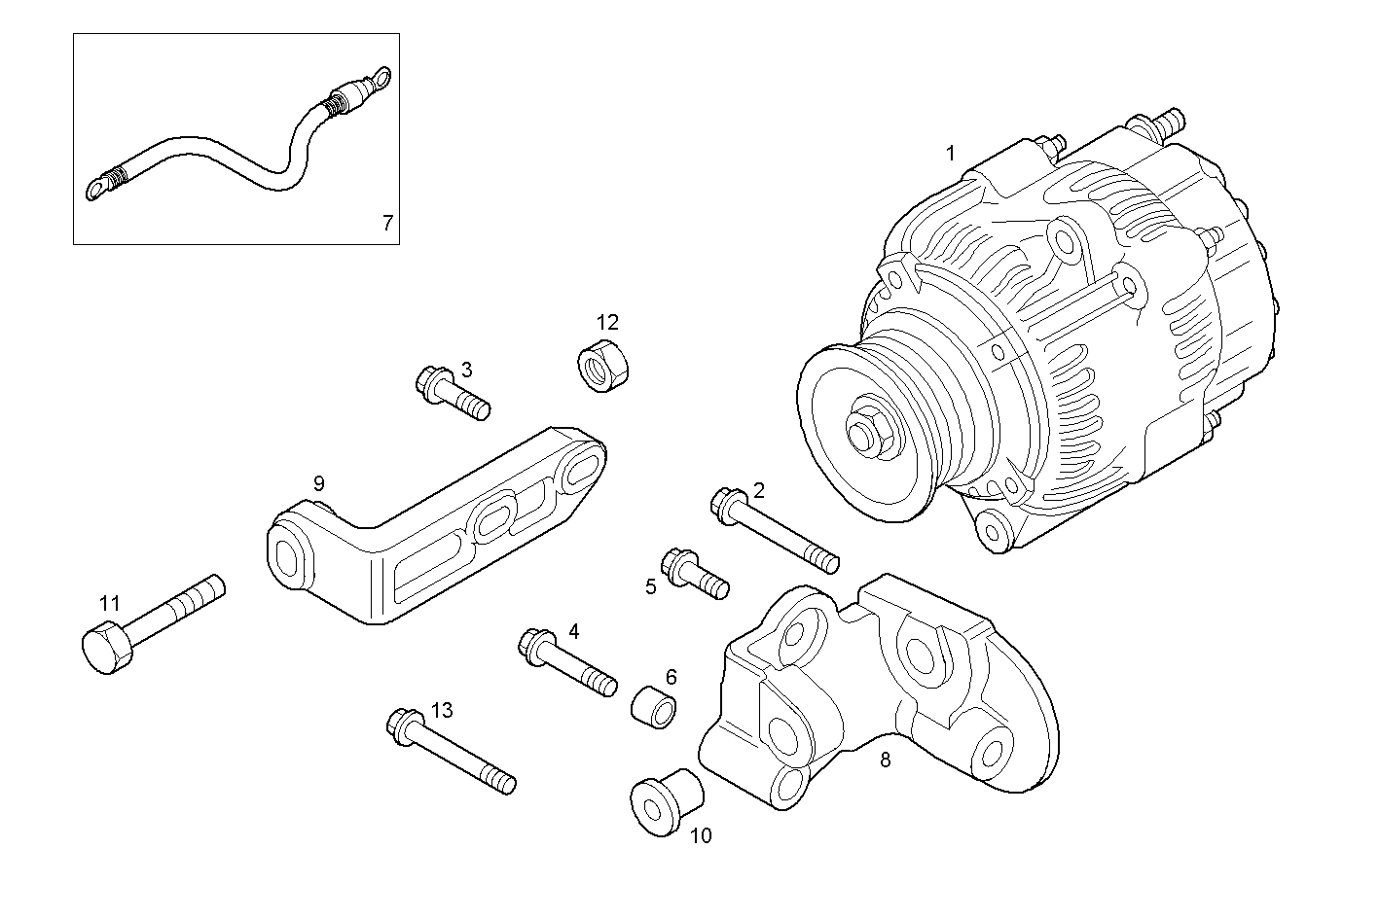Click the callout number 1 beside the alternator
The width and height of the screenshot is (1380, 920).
(951, 153)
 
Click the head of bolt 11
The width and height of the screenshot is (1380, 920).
(103, 649)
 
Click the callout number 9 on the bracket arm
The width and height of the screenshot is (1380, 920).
(318, 483)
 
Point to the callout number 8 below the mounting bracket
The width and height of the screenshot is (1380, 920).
(885, 760)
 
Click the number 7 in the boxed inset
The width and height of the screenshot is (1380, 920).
(386, 223)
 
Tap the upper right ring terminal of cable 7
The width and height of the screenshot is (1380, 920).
(382, 77)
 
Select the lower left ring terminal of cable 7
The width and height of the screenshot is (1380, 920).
(98, 187)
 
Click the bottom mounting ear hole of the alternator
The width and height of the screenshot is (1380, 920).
(993, 531)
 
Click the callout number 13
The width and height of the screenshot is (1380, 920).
(441, 711)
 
